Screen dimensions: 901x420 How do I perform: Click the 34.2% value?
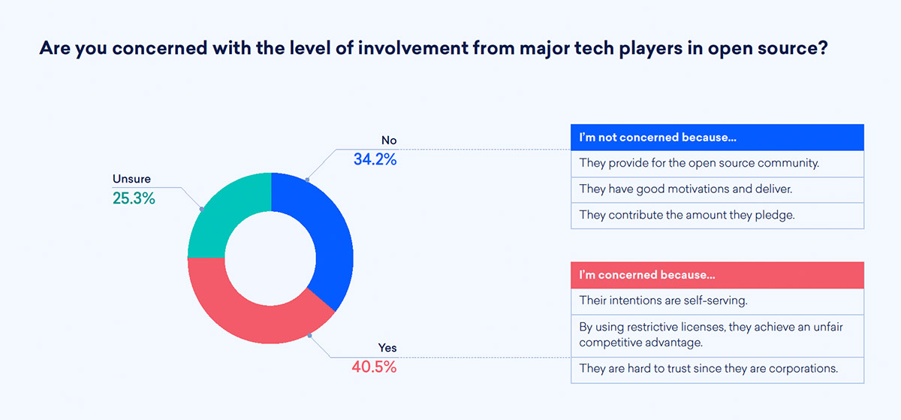[375, 159]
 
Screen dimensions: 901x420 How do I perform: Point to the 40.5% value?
[374, 367]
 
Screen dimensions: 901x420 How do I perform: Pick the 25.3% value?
[134, 198]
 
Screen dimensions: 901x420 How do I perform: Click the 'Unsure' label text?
[131, 179]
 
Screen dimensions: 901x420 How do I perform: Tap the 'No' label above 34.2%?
[389, 141]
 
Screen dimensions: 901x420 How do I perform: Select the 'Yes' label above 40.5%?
[387, 348]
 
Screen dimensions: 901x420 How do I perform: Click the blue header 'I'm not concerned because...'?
[717, 137]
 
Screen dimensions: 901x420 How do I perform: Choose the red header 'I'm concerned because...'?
[717, 275]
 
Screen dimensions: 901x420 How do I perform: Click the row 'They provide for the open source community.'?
[717, 164]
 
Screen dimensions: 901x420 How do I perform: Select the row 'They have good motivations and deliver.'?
[717, 189]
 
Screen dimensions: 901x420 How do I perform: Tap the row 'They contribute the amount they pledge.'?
[717, 216]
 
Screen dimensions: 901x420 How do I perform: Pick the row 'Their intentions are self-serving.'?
[717, 301]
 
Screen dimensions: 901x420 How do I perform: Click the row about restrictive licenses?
[717, 335]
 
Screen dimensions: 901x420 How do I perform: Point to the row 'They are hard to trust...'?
[717, 370]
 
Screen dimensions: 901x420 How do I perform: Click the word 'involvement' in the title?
[413, 48]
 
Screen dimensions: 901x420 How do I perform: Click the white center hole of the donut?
[270, 258]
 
